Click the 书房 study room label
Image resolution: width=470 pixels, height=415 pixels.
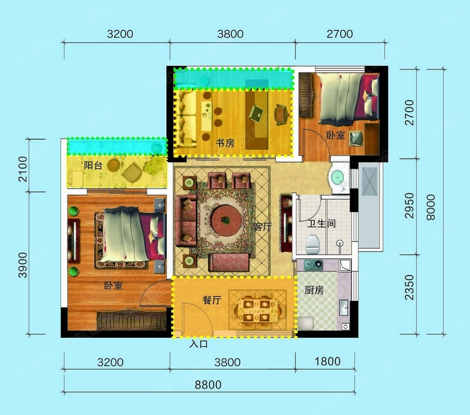225,143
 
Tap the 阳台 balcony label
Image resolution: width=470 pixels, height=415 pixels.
93,165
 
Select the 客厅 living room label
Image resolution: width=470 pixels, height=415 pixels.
263,226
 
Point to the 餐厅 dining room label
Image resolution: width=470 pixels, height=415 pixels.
212,300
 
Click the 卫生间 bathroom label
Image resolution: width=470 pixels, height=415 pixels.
321,223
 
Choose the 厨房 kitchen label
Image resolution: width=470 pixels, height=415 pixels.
314,290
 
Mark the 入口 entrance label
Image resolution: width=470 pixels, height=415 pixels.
199,344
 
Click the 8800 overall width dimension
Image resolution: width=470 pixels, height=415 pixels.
208,384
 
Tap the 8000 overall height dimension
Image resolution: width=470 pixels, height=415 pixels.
431,207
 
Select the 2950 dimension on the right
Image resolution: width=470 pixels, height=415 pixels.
409,205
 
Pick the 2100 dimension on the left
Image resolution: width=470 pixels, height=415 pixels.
22,169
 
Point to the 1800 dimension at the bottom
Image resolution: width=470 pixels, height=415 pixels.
327,362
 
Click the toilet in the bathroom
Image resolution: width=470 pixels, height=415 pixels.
312,244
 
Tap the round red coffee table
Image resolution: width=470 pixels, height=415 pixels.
226,220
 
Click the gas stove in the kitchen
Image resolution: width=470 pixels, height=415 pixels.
313,265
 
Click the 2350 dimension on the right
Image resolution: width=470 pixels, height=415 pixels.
409,287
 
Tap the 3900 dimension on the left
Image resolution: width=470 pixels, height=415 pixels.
22,265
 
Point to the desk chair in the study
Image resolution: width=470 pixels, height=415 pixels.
282,115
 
